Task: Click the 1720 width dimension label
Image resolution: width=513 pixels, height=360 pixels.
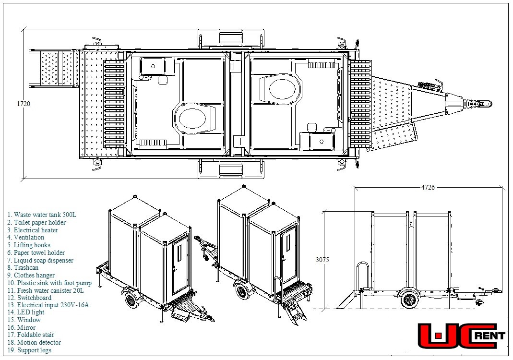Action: pos(23,104)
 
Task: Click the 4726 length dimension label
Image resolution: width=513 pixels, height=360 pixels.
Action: pos(428,187)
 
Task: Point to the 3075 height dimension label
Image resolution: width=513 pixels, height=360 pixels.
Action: pos(322,260)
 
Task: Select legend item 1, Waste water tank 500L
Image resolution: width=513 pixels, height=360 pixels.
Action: pos(42,215)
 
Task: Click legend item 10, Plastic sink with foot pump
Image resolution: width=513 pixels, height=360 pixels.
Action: pos(49,283)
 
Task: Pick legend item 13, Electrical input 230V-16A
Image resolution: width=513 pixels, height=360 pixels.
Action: pos(48,305)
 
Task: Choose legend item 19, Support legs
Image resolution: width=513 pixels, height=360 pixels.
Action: pos(29,350)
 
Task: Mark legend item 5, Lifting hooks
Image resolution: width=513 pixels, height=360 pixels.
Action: pos(29,245)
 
